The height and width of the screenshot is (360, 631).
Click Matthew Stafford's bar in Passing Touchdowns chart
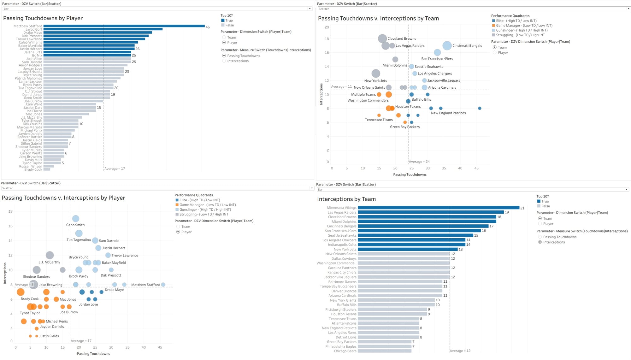click(124, 26)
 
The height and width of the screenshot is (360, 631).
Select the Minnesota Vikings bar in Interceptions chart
click(439, 208)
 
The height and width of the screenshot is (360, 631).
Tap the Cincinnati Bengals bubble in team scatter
click(447, 46)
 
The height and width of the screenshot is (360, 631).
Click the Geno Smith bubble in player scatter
click(76, 219)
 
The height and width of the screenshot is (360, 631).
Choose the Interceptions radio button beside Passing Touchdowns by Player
click(224, 61)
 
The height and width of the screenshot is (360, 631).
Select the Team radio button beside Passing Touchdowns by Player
click(224, 37)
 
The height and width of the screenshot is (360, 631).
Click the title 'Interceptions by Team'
click(346, 199)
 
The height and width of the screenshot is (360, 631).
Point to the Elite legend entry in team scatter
click(514, 21)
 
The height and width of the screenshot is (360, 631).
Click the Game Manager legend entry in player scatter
click(205, 205)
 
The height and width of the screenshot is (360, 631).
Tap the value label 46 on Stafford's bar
click(208, 27)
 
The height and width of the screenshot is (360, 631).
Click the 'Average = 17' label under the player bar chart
click(115, 168)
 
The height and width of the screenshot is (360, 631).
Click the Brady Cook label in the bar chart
click(33, 169)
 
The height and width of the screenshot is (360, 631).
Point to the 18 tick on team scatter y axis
click(327, 39)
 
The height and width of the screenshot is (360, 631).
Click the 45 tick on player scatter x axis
click(160, 347)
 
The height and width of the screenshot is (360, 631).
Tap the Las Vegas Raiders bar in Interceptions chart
click(431, 212)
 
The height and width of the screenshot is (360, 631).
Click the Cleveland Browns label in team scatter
click(402, 38)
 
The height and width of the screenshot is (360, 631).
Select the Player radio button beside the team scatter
click(495, 53)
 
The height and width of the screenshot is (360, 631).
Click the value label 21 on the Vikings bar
click(522, 208)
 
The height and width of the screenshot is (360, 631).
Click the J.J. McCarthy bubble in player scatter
click(50, 255)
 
